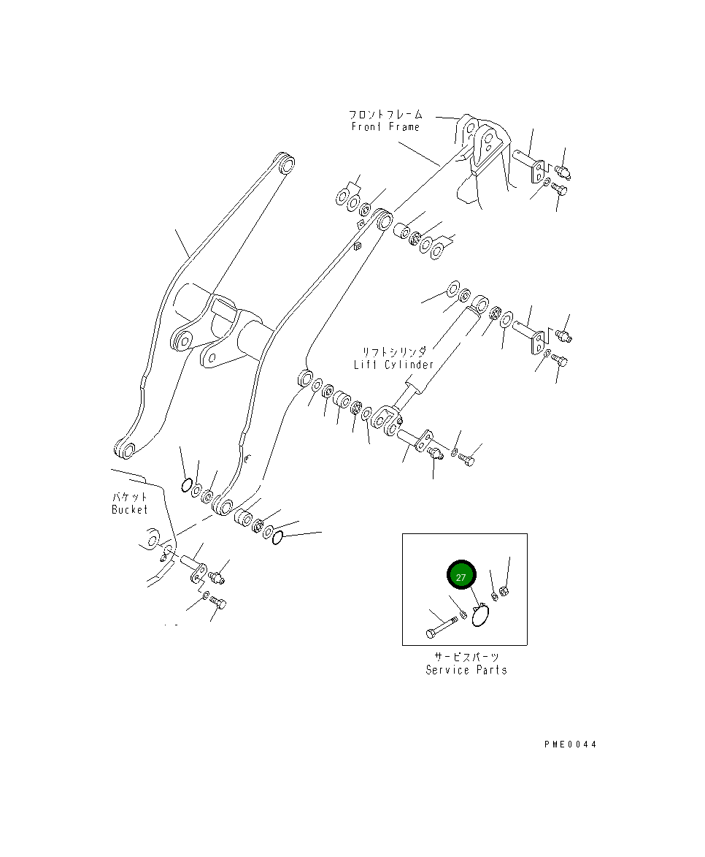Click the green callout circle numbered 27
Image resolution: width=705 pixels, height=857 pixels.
[461, 576]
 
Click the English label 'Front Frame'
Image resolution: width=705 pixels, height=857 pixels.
[385, 127]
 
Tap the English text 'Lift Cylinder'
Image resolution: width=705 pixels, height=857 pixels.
[393, 364]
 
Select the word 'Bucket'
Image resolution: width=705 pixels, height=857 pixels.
[130, 509]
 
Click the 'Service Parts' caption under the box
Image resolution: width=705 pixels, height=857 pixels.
[466, 669]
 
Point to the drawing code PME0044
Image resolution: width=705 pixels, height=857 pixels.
[570, 744]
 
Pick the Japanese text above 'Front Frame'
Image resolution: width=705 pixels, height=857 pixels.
[385, 115]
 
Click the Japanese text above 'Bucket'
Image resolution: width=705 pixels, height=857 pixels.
[130, 498]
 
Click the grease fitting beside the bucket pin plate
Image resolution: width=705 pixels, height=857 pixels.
[217, 577]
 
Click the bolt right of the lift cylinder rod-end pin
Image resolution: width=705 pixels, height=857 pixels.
[468, 461]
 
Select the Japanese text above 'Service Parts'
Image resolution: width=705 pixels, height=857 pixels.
[466, 657]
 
